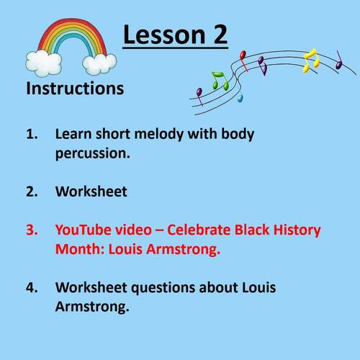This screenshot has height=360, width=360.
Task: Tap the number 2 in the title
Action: coord(217,35)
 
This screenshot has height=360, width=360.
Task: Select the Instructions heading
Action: coord(75,89)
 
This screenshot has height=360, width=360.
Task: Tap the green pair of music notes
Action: coord(220,81)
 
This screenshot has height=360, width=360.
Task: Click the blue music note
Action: coord(240,95)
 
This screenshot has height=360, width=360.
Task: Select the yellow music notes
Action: coord(311,60)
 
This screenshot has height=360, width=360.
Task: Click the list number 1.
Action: coord(32,134)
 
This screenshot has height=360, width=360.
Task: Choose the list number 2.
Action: coord(32,192)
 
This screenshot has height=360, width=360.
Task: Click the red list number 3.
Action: coord(32,230)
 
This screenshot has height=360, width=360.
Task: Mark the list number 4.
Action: coord(32,287)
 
